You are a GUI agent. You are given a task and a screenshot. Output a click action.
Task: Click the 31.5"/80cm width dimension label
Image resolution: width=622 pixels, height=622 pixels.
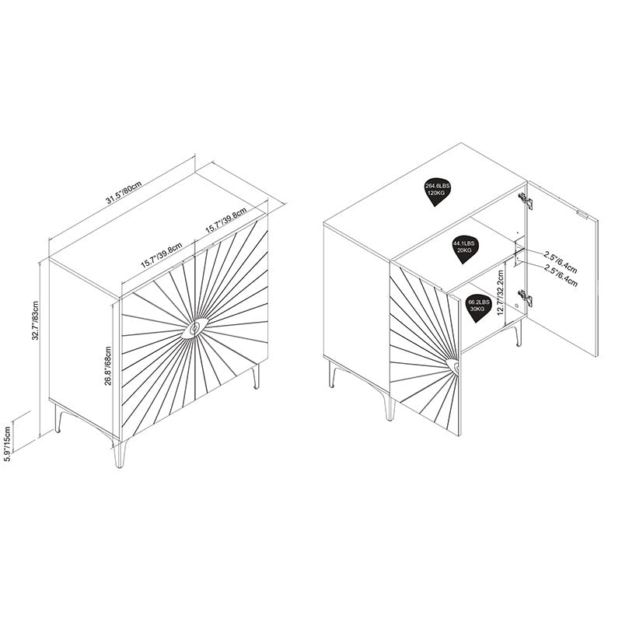pyautogui.click(x=124, y=193)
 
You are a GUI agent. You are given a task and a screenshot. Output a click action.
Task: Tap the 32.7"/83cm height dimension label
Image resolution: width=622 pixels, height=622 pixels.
pyautogui.click(x=35, y=320)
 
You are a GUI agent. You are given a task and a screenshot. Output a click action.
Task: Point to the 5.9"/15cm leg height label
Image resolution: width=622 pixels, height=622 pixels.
pyautogui.click(x=8, y=442)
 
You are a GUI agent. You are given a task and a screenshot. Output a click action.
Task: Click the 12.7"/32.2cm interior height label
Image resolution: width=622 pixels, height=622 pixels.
pyautogui.click(x=500, y=293)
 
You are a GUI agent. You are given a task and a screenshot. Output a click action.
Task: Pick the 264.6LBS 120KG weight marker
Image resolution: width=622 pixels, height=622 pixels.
pyautogui.click(x=436, y=190)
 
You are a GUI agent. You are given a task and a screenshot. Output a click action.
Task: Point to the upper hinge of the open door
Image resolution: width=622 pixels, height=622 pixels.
pyautogui.click(x=526, y=201)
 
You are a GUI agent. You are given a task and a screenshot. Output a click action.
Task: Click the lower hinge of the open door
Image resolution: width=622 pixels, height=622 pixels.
pyautogui.click(x=526, y=298)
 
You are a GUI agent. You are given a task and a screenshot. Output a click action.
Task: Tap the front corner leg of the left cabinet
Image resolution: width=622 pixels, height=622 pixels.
pyautogui.click(x=120, y=453)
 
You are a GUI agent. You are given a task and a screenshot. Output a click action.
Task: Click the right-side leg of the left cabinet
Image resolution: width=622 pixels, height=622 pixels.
pyautogui.click(x=256, y=376)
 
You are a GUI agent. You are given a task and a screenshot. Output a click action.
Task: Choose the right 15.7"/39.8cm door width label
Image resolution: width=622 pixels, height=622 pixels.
pyautogui.click(x=225, y=221)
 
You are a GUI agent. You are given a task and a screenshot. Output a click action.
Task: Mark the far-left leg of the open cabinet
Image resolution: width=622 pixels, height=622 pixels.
pyautogui.click(x=333, y=374)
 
